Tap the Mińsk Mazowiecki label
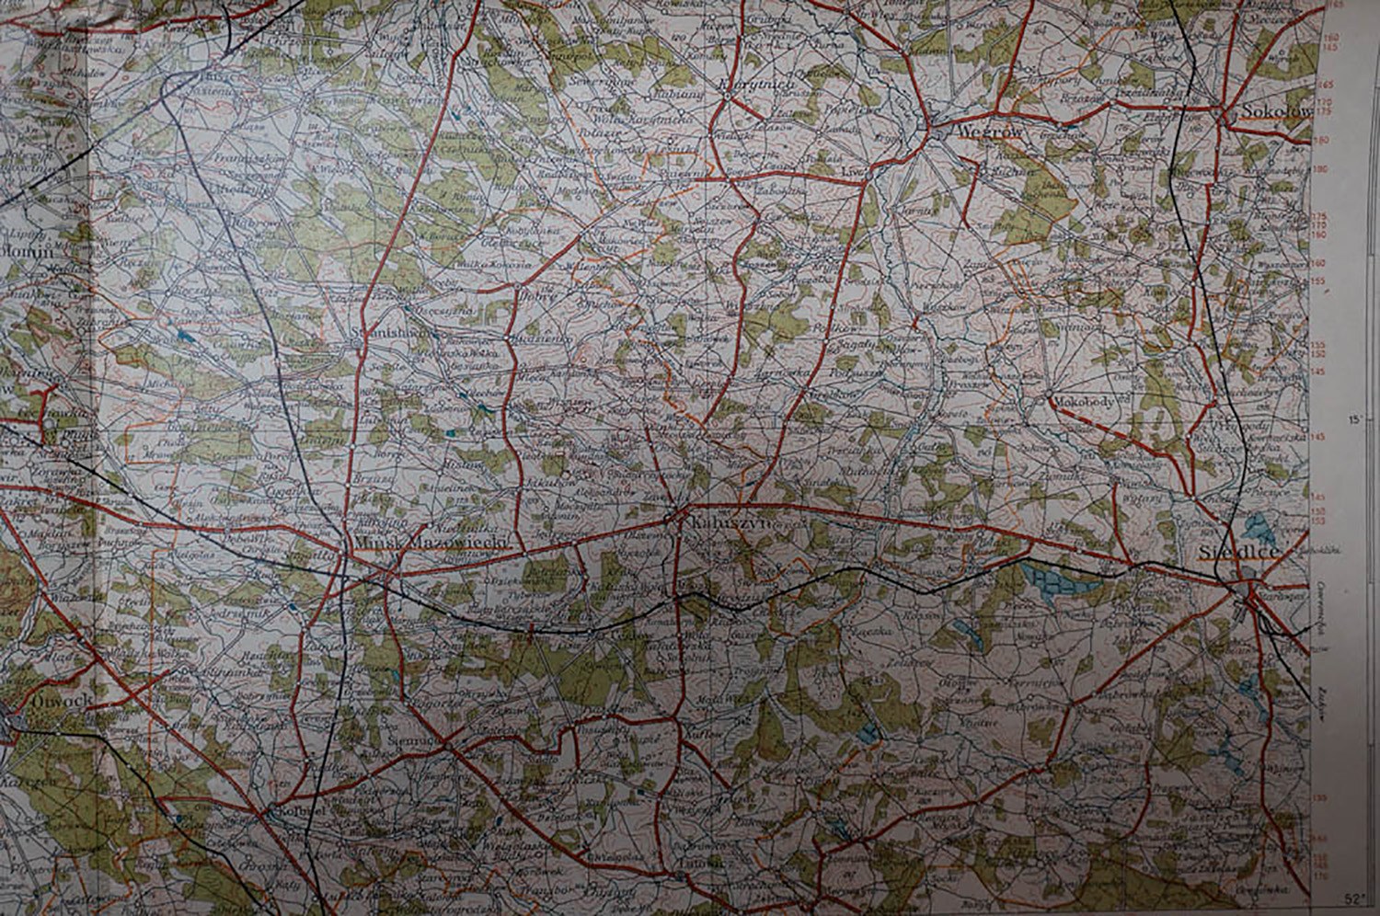(x=432, y=544)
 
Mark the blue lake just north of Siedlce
(x=1254, y=527)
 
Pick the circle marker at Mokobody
(x=1049, y=398)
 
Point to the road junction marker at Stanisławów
(x=359, y=346)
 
